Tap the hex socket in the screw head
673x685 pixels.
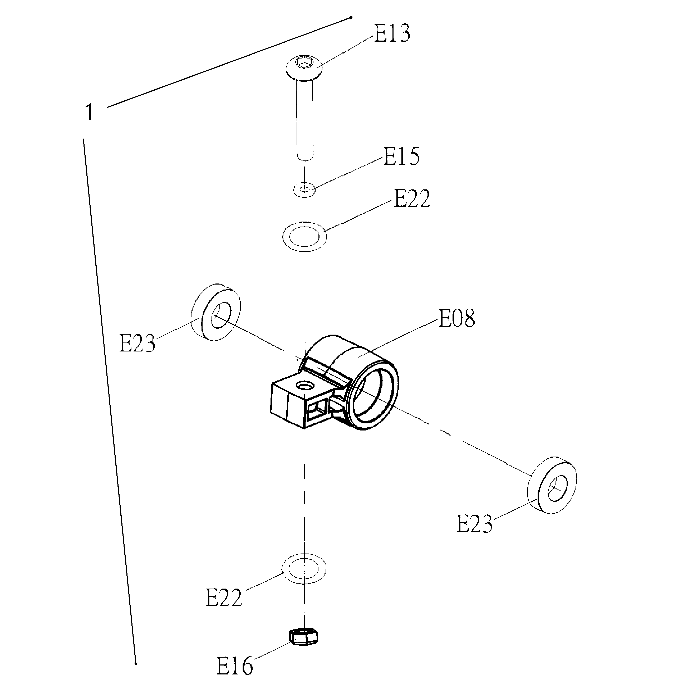pyautogui.click(x=304, y=63)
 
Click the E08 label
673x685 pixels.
pyautogui.click(x=457, y=318)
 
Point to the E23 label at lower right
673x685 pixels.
pyautogui.click(x=474, y=524)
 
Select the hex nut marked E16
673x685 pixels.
pyautogui.click(x=303, y=637)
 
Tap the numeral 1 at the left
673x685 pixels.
pyautogui.click(x=90, y=112)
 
